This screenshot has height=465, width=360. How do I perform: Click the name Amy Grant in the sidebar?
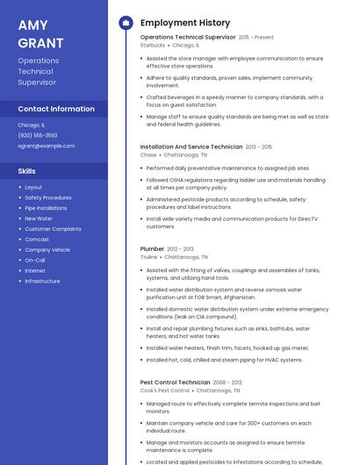click(x=40, y=34)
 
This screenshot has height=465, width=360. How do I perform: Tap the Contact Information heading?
click(x=56, y=109)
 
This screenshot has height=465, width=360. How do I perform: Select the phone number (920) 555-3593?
click(x=38, y=135)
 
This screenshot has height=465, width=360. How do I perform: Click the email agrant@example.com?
click(x=47, y=146)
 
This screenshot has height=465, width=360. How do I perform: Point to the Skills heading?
click(x=27, y=171)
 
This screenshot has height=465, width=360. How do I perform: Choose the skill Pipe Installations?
click(x=46, y=208)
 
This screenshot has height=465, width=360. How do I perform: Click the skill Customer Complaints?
click(x=53, y=229)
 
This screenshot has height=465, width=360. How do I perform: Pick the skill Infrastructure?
click(x=42, y=281)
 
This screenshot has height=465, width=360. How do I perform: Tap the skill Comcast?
click(x=37, y=240)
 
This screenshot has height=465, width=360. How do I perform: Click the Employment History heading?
click(x=185, y=23)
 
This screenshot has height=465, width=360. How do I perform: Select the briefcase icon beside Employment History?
click(x=125, y=23)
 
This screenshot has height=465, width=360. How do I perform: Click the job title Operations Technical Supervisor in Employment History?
click(x=188, y=38)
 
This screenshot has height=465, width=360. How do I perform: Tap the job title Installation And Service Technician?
click(x=191, y=147)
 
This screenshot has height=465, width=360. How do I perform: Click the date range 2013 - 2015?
click(x=259, y=147)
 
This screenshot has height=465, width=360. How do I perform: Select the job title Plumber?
click(x=152, y=249)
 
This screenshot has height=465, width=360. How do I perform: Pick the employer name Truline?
click(x=149, y=257)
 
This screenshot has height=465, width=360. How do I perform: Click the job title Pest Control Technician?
click(x=176, y=383)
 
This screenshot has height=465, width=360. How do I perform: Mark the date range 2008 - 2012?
click(x=227, y=383)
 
